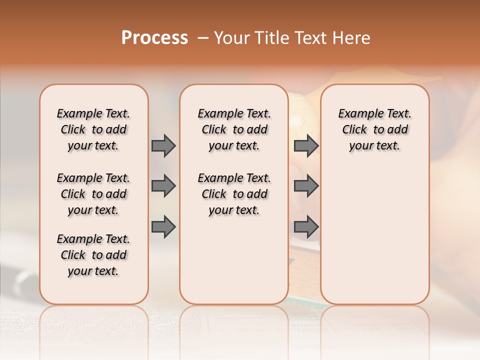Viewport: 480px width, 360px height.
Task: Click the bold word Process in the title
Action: coord(154,38)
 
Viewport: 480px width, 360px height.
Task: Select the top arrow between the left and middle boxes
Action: coord(163,146)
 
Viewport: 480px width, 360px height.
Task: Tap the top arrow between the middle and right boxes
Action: coord(306,146)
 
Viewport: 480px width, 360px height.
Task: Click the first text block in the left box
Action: coord(93,129)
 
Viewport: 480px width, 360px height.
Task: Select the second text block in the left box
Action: coord(93,194)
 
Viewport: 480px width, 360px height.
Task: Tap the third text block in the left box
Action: coord(93,255)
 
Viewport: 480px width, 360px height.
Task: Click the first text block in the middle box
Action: coord(234,129)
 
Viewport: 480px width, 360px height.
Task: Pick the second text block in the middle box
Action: coord(234,194)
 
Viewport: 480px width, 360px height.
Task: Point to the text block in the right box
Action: coord(374,129)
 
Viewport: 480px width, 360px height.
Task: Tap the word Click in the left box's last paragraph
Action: coord(73,255)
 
